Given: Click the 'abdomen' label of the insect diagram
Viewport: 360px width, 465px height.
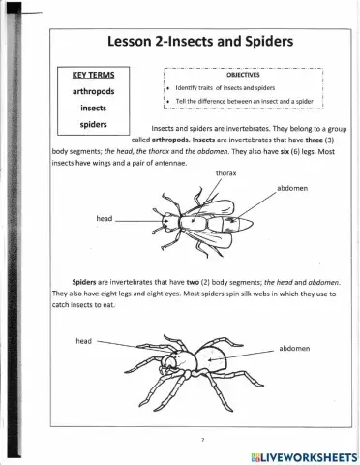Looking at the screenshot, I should point(292,188).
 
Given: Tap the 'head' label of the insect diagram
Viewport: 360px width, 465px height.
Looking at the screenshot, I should point(105,219).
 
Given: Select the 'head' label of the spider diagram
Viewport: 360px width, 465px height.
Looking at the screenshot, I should point(83,341).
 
